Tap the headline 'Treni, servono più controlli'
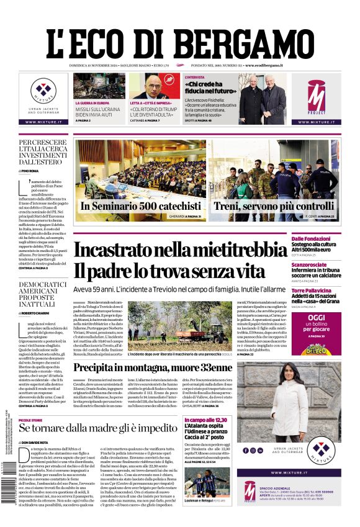(274, 206)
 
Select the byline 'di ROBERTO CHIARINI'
(37, 313)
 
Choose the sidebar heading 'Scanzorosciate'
(326, 264)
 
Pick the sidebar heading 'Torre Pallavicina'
(329, 291)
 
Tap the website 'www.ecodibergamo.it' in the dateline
(264, 65)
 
